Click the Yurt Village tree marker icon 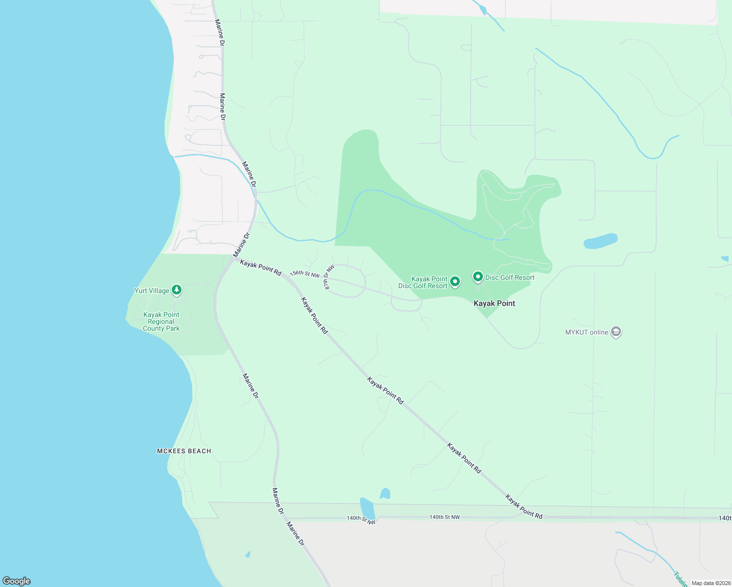point(177,291)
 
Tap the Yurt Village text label point(152,291)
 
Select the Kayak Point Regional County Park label point(161,321)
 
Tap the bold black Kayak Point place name point(494,303)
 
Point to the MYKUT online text point(587,332)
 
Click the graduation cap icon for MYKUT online point(616,332)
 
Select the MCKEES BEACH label point(184,451)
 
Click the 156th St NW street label point(305,274)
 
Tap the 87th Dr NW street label point(329,277)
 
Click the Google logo point(17,581)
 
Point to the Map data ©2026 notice point(710,583)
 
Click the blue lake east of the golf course point(600,241)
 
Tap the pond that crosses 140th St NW point(367,509)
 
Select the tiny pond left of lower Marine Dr point(248,555)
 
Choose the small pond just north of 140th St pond point(385,494)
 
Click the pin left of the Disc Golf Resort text point(478,277)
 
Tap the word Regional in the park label point(161,321)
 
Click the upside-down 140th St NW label point(361,519)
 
